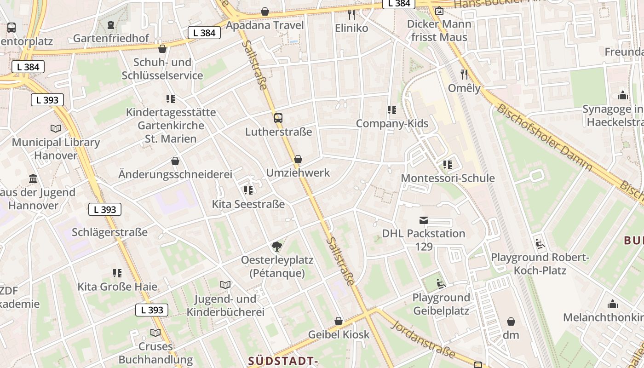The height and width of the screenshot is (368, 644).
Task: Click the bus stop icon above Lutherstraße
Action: pos(278,118)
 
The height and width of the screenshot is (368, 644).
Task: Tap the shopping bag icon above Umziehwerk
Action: pos(298,159)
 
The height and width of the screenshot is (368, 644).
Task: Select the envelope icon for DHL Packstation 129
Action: pos(423,220)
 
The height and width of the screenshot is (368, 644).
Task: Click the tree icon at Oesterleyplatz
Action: pos(276,247)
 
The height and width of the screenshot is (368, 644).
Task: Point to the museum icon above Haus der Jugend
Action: pos(33,178)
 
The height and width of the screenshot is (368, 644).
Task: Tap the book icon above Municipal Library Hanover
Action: pos(56,129)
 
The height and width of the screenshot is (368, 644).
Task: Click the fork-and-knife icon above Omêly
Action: pos(464,74)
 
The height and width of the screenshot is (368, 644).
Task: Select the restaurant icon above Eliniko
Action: pos(351,14)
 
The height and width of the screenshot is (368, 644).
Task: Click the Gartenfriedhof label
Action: pos(111,38)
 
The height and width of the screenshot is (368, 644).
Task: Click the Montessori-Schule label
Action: pos(448,178)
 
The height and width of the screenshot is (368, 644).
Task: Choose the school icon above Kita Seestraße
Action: pos(248,190)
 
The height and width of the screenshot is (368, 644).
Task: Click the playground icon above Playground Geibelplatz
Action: pos(441,284)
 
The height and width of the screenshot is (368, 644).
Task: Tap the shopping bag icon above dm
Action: pos(511,321)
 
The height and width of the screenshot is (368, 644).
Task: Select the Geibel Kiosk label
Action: pos(339,334)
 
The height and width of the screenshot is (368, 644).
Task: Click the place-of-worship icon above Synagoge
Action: pos(623,95)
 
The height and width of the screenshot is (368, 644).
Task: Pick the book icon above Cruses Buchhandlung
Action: pos(155,333)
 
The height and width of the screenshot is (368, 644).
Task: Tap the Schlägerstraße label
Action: pos(109,232)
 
